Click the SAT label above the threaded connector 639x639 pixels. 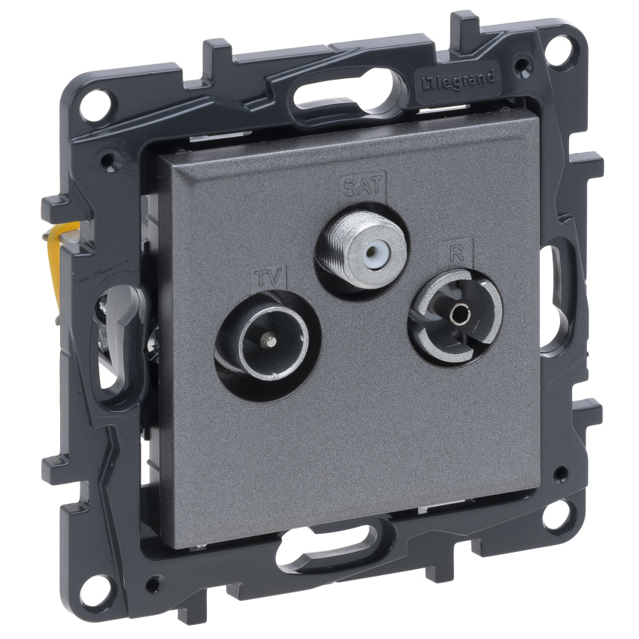point(362,186)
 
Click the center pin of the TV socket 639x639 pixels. point(268,337)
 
